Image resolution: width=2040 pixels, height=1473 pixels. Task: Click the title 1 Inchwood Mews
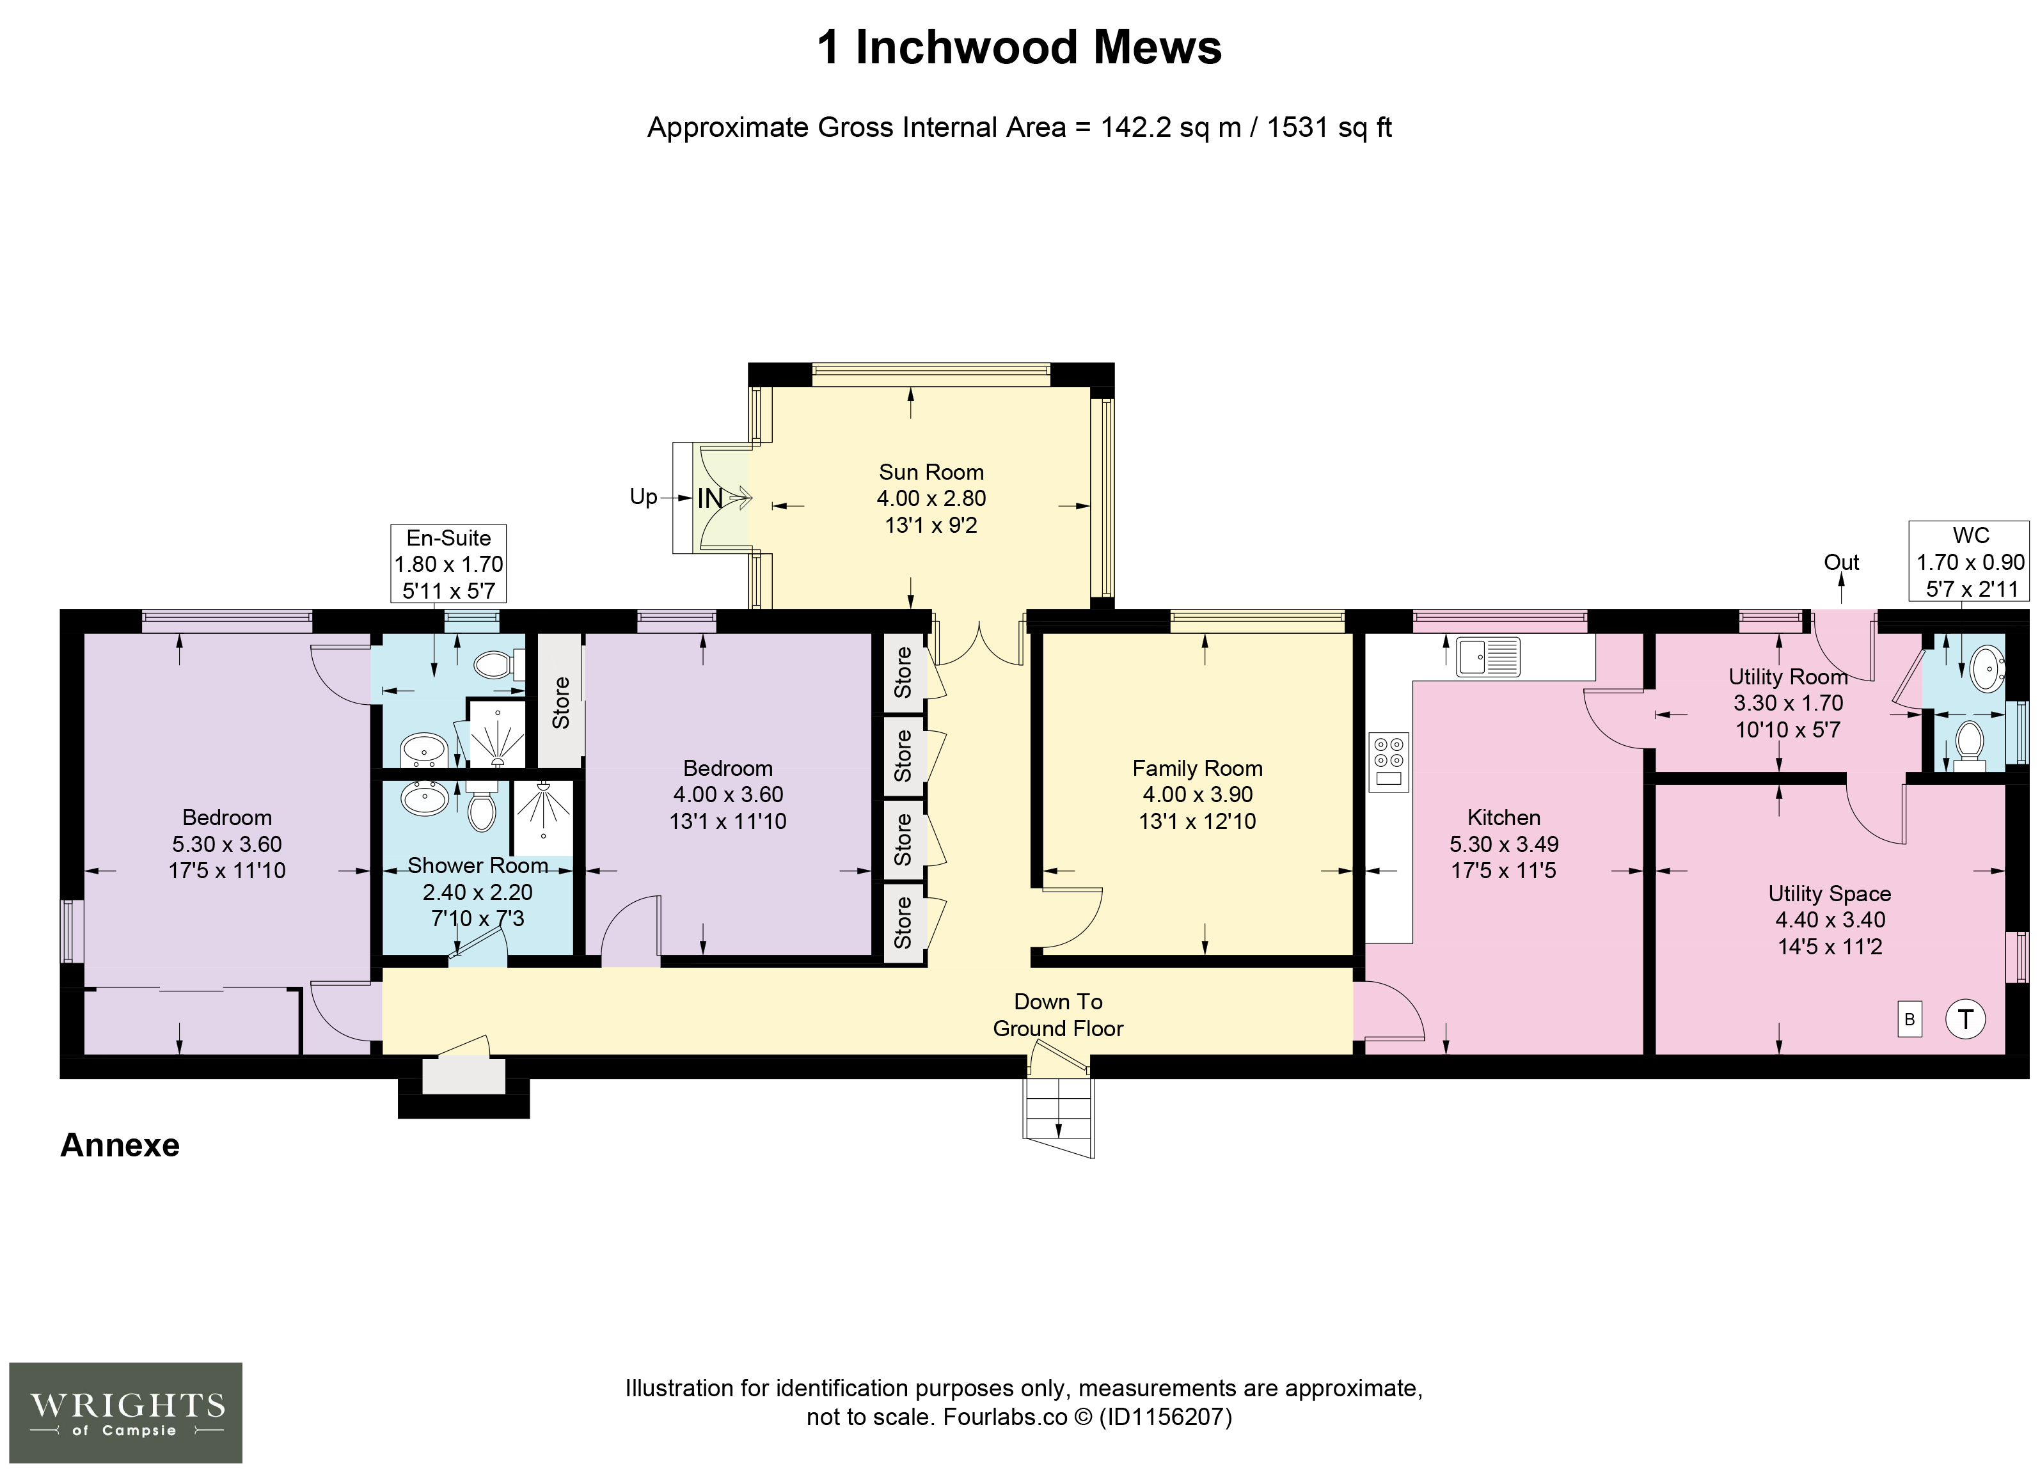1019,48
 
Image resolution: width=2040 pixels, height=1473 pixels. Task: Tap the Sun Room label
931,472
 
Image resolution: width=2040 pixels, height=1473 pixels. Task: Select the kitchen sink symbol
1489,656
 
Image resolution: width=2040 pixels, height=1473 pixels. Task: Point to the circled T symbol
1965,1019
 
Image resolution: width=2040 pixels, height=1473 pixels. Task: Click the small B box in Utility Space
1910,1020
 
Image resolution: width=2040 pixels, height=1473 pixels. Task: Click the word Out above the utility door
1841,563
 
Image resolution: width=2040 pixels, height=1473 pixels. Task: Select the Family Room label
1197,768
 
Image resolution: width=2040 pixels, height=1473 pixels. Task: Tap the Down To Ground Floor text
1058,1014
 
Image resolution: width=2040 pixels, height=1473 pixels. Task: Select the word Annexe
120,1145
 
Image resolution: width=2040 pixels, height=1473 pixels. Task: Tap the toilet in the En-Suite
498,665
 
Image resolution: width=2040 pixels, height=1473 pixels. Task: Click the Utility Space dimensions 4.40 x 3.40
1829,919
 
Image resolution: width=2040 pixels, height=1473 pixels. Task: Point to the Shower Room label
478,865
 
